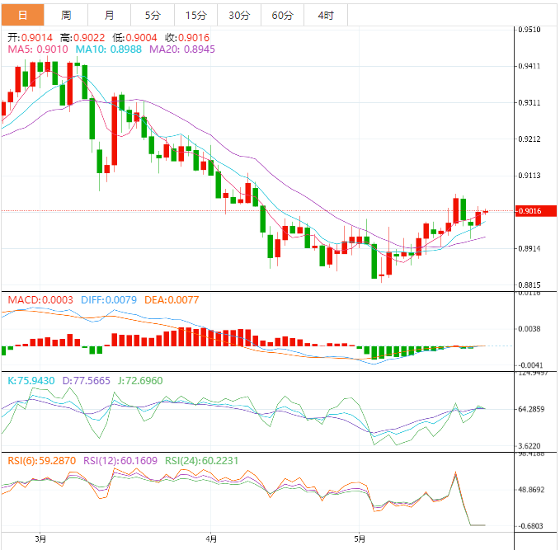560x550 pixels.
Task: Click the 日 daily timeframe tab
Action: point(22,16)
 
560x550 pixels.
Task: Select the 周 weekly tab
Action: point(66,16)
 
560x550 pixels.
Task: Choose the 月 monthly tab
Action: point(110,16)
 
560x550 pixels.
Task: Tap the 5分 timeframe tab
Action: point(153,16)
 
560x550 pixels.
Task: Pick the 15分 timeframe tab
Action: point(196,16)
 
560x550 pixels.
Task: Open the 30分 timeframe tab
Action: point(239,16)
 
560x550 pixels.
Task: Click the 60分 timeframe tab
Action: point(282,16)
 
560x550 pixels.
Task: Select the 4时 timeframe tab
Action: point(325,16)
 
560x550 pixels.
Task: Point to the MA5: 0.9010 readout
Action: point(37,49)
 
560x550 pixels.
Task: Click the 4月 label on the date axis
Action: point(212,539)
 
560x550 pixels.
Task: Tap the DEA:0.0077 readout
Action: point(172,300)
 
